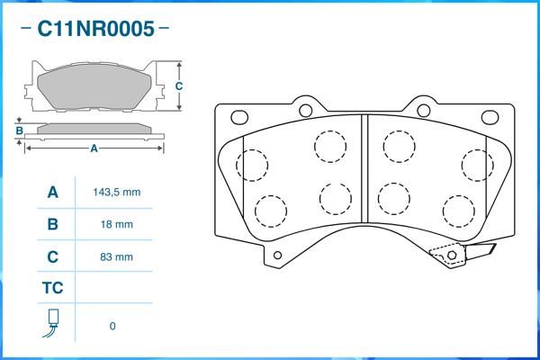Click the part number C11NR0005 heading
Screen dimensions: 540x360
[x=95, y=29]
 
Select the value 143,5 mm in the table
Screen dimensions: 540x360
[x=117, y=192]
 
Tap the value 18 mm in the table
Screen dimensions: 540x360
[x=117, y=224]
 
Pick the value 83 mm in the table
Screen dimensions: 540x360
[x=116, y=256]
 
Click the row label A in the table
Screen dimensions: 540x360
[x=53, y=192]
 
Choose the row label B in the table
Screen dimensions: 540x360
[x=53, y=224]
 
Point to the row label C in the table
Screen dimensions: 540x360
[x=53, y=256]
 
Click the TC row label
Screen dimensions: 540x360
[x=53, y=288]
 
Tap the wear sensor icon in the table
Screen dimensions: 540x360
[x=51, y=323]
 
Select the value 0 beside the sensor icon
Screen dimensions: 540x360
[x=112, y=326]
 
